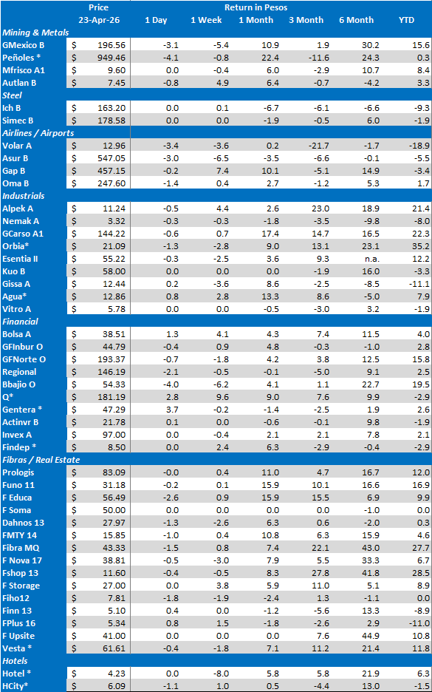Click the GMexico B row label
(23, 45)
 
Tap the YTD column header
(406, 20)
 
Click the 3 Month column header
(306, 20)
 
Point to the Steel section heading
(12, 95)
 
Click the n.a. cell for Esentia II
(372, 259)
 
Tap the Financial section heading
(20, 322)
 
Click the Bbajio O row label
(19, 384)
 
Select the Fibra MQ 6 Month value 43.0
(371, 548)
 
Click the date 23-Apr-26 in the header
(98, 20)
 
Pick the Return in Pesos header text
(256, 7)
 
